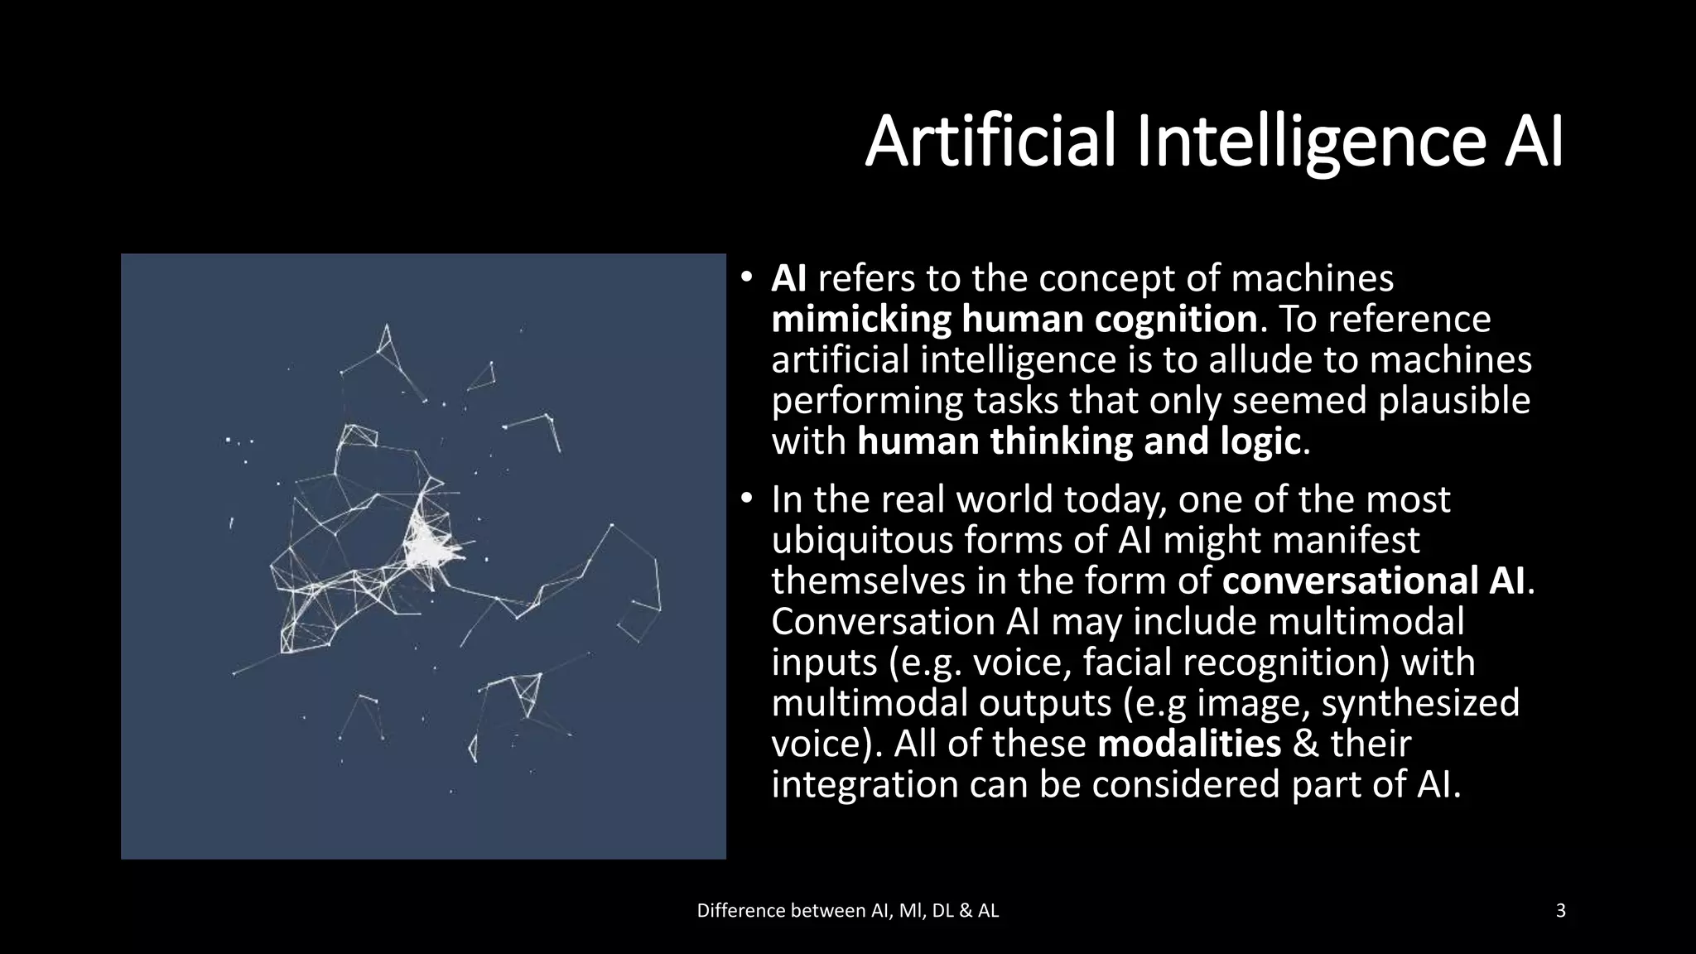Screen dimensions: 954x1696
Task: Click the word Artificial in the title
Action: (991, 142)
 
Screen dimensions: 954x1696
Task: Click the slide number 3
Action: (1561, 911)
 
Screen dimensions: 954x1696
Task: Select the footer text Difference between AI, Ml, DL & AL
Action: (848, 911)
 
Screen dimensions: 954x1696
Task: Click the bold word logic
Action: (1260, 441)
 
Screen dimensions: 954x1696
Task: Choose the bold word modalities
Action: (1189, 744)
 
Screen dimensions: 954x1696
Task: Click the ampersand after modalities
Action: (1305, 744)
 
